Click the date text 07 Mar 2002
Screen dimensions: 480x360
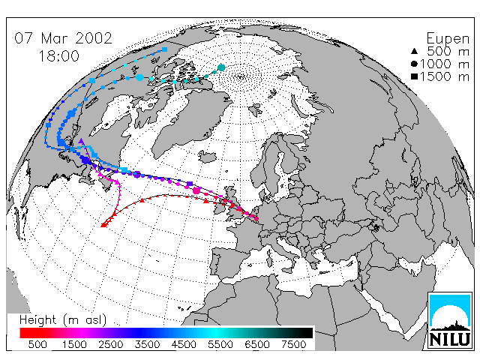click(x=63, y=38)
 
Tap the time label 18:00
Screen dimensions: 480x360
click(x=59, y=56)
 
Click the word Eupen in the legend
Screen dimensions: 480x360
click(x=448, y=39)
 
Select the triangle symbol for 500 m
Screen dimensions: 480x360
click(x=414, y=51)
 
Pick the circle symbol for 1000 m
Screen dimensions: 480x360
click(x=414, y=64)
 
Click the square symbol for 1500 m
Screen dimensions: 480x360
click(x=414, y=76)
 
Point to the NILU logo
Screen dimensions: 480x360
click(x=450, y=320)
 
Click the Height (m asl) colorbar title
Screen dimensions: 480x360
click(x=63, y=320)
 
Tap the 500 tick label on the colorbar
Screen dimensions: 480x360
click(x=37, y=344)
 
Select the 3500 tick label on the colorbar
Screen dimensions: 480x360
click(x=147, y=344)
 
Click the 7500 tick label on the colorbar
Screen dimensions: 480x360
click(x=293, y=344)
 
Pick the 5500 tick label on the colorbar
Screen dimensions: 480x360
click(x=220, y=344)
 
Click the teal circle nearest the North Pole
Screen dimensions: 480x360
click(x=221, y=67)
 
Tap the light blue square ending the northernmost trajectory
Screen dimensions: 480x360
click(x=165, y=49)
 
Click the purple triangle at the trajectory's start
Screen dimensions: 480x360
click(x=81, y=141)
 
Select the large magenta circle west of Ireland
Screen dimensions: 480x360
click(x=196, y=191)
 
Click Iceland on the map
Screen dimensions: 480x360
click(x=208, y=156)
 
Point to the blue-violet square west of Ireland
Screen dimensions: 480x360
click(x=190, y=184)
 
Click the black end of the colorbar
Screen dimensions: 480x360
click(x=306, y=333)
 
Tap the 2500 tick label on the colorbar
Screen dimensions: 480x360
click(x=111, y=344)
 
